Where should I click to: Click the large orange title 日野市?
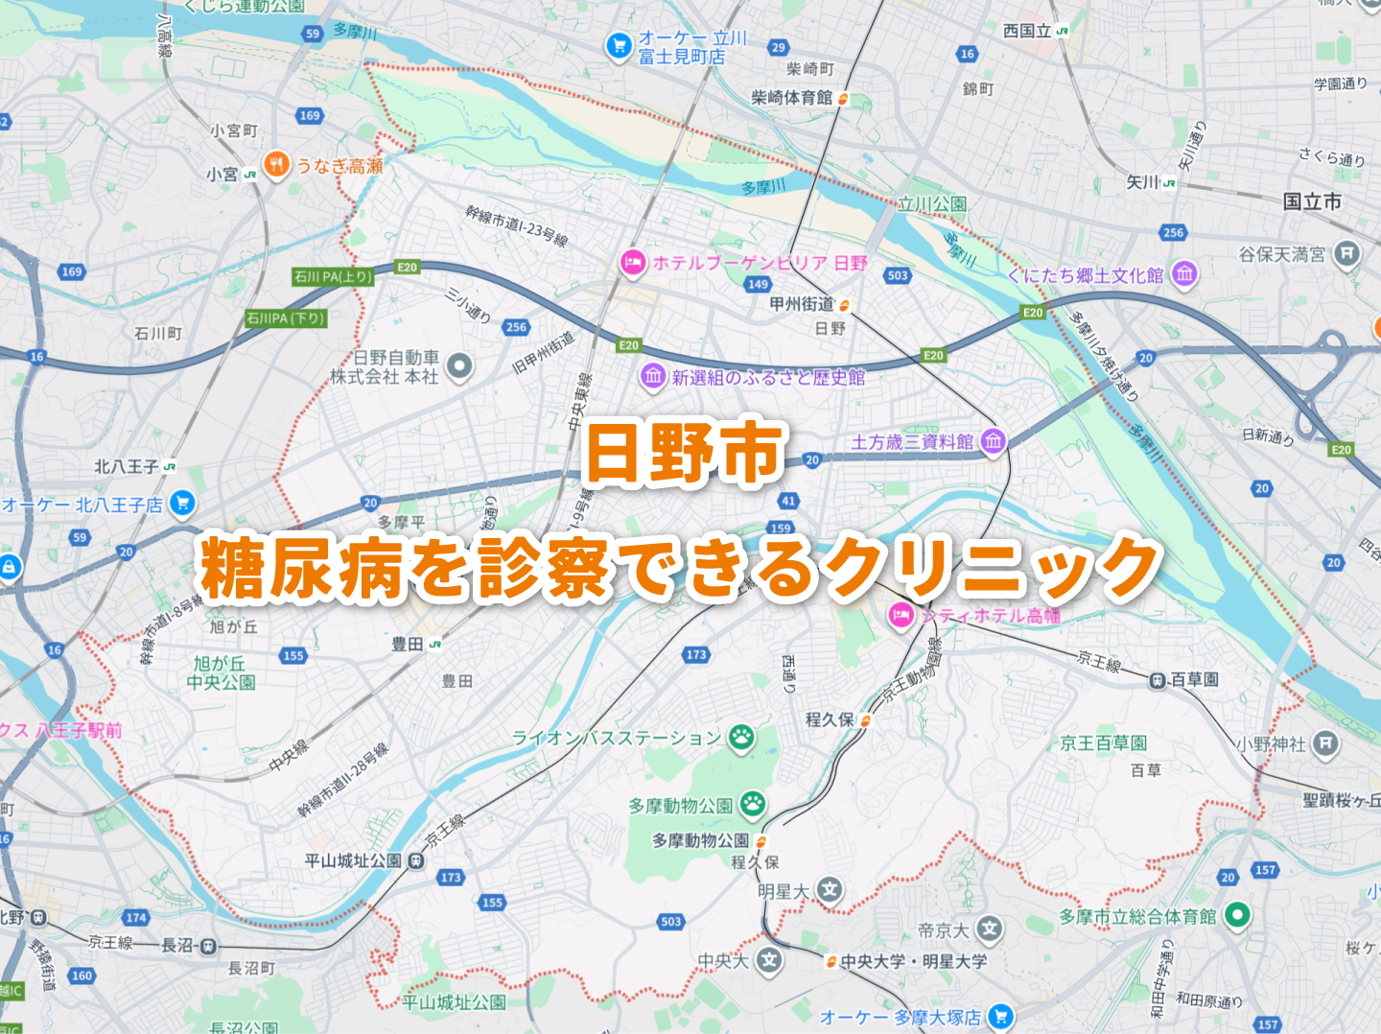(685, 453)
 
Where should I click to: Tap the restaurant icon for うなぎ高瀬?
(276, 165)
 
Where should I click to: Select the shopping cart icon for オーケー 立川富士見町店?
(618, 45)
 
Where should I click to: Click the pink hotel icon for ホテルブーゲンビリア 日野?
(632, 263)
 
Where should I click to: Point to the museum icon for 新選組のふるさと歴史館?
(653, 376)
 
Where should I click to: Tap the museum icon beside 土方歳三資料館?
(994, 441)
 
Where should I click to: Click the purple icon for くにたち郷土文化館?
(1184, 274)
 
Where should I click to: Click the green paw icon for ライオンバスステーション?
(741, 737)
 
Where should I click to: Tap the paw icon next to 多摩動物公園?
(753, 804)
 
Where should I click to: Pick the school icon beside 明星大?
(830, 890)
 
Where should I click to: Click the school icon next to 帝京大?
(990, 928)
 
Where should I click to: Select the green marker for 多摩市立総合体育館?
(1237, 915)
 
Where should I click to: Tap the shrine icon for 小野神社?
(1325, 743)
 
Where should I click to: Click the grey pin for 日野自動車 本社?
(460, 365)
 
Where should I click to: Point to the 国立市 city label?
(1312, 201)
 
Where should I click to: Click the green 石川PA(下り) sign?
(286, 318)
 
